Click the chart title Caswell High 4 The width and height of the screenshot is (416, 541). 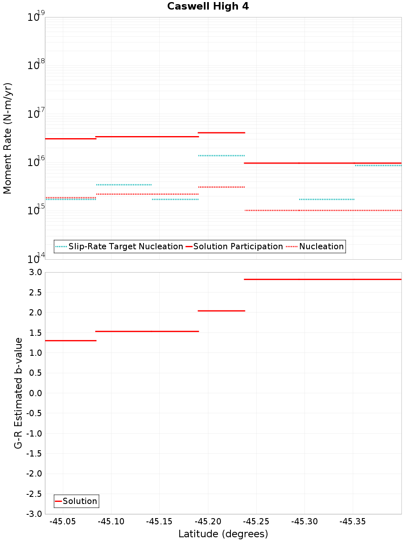tap(208, 6)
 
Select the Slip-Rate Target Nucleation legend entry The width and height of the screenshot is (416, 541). tap(125, 246)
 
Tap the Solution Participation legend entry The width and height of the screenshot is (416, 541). tap(238, 246)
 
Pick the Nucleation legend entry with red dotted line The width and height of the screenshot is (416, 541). tap(321, 246)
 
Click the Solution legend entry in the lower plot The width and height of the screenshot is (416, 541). tap(79, 501)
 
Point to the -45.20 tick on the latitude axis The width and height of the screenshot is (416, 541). tap(208, 521)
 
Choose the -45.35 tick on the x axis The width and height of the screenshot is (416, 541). tap(353, 521)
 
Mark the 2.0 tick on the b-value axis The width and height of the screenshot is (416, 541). tap(35, 313)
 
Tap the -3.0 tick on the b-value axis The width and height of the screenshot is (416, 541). tap(34, 514)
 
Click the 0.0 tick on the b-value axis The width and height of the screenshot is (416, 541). tap(35, 393)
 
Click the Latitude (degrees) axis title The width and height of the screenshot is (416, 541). tap(223, 534)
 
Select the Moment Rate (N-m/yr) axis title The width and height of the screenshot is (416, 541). tap(7, 138)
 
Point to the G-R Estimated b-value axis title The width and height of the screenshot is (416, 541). tap(18, 393)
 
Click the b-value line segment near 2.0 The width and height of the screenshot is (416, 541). tap(221, 311)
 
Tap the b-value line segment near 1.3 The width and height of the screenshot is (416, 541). tap(71, 341)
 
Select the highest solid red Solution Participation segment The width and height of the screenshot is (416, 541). tap(221, 133)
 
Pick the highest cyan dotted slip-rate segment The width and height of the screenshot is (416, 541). tap(221, 156)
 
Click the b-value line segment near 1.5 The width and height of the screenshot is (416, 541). tap(147, 331)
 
